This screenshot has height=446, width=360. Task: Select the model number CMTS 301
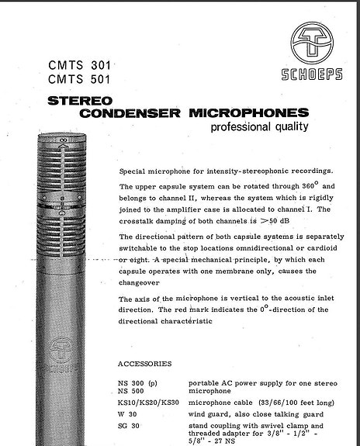click(x=79, y=65)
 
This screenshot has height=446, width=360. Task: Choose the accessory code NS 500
click(x=133, y=392)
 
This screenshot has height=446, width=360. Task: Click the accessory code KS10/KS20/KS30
click(x=151, y=403)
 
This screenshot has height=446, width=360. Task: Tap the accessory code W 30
click(x=129, y=414)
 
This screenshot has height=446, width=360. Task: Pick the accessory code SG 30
click(x=130, y=425)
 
